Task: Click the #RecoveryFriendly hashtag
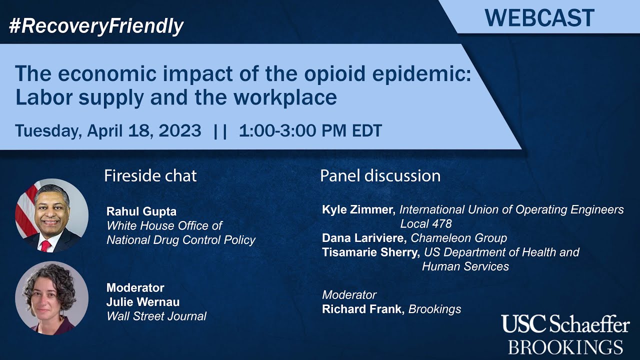point(96,26)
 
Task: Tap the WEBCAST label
point(539,18)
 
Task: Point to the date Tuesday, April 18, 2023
point(108,131)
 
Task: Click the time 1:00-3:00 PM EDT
point(310,131)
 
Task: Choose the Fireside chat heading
point(150,176)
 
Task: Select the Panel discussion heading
point(380,176)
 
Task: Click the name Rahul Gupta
point(141,211)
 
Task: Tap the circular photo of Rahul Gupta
point(51,215)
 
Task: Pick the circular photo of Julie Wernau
point(51,298)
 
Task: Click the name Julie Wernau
point(143,302)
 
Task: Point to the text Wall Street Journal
point(156,316)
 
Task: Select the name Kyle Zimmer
point(358,209)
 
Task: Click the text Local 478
point(426,223)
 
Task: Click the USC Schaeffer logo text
point(565,325)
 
